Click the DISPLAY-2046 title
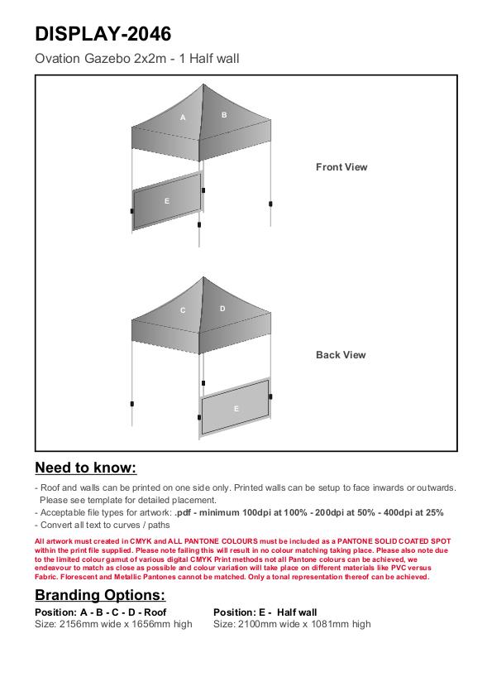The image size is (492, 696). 103,34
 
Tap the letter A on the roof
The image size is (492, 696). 183,118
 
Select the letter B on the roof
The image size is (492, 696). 224,115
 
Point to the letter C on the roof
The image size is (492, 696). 183,310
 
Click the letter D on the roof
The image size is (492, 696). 222,309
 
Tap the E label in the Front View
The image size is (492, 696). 167,201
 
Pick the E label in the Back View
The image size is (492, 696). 236,408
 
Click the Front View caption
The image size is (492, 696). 342,167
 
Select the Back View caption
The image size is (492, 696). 341,355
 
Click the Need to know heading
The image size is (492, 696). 86,468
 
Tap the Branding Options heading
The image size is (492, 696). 100,595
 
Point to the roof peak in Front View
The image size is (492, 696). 203,84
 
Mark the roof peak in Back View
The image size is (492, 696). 203,277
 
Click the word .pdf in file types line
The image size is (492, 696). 183,512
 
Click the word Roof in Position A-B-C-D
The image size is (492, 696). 155,612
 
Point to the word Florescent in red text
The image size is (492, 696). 79,577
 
